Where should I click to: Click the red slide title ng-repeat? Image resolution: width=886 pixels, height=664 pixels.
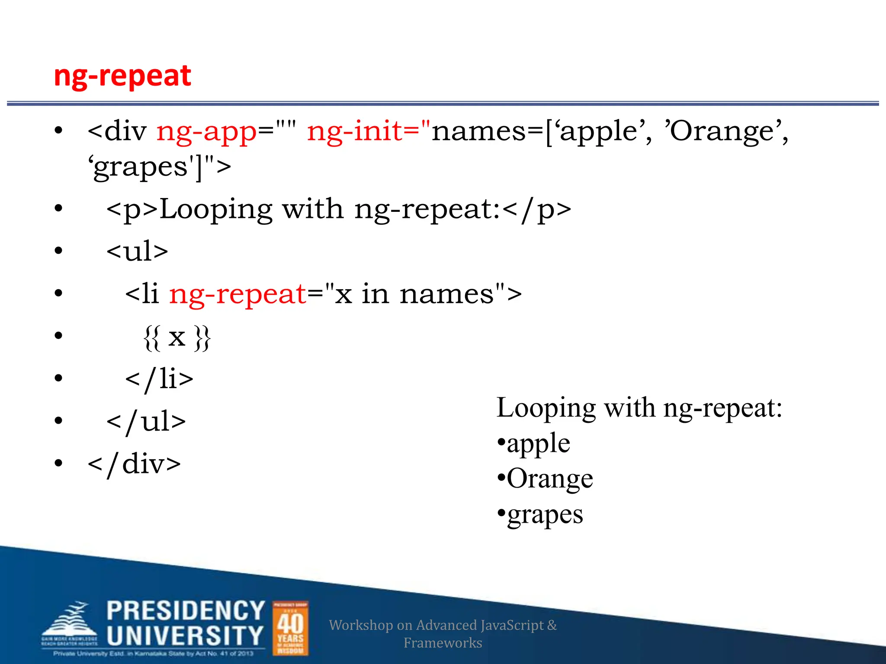(122, 76)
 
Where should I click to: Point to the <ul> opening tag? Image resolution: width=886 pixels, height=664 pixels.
(137, 251)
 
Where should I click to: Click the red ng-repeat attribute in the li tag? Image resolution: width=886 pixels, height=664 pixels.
(238, 294)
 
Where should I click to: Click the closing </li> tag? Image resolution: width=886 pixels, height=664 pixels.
(159, 379)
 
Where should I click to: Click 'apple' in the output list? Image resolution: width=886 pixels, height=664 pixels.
(538, 444)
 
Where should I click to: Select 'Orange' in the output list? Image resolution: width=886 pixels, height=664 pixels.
(549, 479)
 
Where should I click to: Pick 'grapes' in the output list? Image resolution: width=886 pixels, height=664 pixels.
(545, 515)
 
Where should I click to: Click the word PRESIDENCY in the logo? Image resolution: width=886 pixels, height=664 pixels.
(186, 611)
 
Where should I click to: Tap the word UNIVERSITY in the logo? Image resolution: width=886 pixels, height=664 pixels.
(185, 636)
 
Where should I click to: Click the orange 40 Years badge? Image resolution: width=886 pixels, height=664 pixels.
(290, 628)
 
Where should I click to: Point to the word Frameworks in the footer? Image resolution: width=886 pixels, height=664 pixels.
(443, 643)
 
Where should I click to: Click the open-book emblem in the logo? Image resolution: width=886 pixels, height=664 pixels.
(69, 622)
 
